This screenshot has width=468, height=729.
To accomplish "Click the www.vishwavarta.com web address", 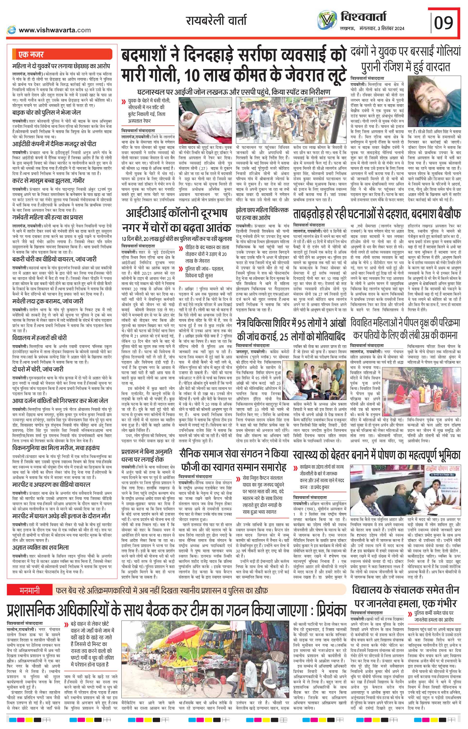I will click(x=55, y=30).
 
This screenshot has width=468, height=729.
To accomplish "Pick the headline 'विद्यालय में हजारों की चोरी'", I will click(x=40, y=338).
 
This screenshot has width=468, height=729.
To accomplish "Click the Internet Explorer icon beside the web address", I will click(x=12, y=30).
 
